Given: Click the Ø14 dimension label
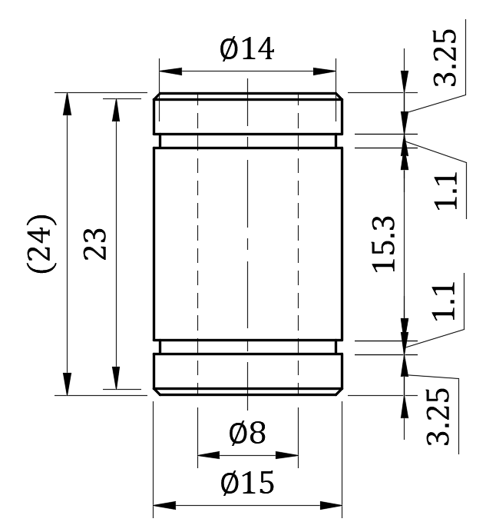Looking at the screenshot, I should (x=246, y=50).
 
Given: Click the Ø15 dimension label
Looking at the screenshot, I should (x=246, y=484).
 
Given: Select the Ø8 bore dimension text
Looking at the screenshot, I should (x=247, y=434).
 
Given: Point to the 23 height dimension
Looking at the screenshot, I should (x=94, y=243).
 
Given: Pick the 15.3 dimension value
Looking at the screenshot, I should (x=383, y=243).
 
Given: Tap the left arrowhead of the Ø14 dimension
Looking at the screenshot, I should (x=164, y=71).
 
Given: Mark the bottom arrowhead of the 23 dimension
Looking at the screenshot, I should (x=116, y=381).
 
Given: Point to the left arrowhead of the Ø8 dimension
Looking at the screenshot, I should (x=203, y=455).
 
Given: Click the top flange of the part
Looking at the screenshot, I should (x=247, y=114).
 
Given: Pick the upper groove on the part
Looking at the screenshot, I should (x=247, y=141).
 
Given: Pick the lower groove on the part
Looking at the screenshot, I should (x=247, y=347).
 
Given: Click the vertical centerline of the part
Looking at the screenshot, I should (x=247, y=243).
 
